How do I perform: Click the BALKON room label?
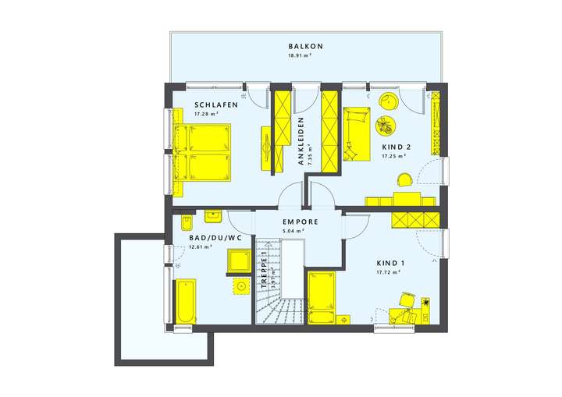305,47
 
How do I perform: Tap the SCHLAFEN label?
216,105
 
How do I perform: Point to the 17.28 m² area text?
207,115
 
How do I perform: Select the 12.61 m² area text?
200,248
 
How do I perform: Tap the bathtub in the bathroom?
186,302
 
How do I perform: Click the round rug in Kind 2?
386,125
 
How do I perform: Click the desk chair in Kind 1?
407,300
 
